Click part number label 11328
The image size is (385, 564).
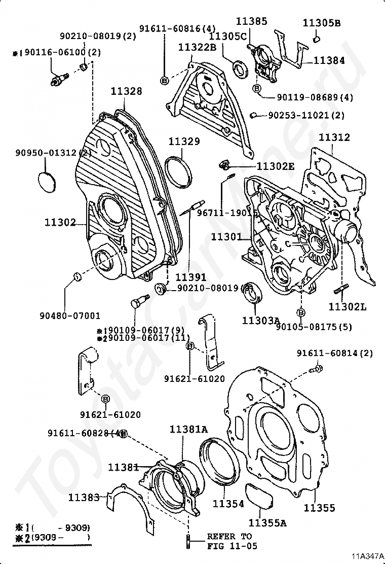127,91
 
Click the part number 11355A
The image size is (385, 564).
267,523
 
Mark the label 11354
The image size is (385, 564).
228,504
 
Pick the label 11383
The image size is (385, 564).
84,498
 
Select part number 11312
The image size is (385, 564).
335,137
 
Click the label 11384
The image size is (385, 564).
329,60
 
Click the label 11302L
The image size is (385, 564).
347,307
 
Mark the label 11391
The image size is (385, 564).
191,277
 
